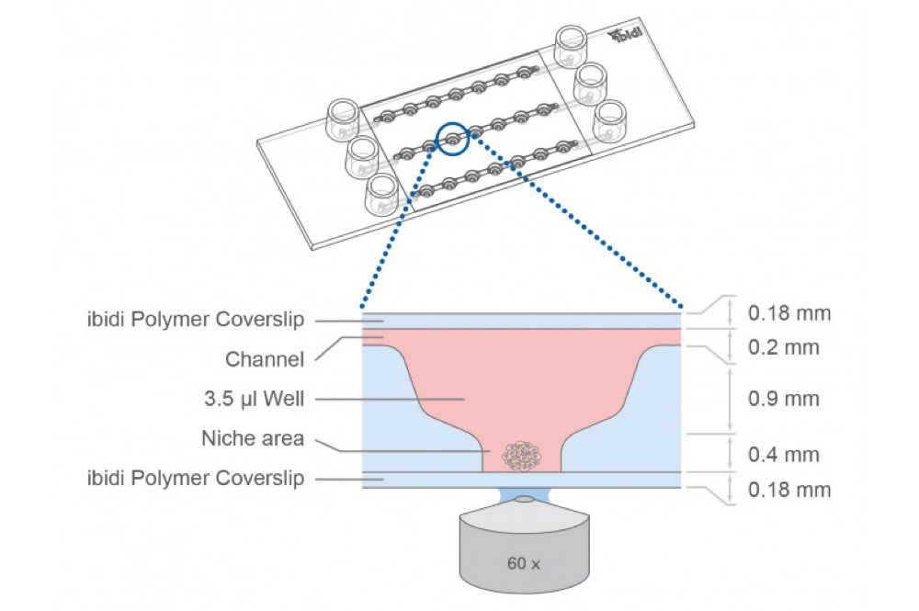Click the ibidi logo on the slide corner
click(x=625, y=35)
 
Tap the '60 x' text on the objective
click(x=524, y=563)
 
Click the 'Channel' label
click(x=265, y=359)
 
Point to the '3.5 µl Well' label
click(x=254, y=399)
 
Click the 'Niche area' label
click(x=253, y=438)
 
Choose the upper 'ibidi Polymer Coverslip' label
click(x=196, y=320)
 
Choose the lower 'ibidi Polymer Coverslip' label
click(x=196, y=478)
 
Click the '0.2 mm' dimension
click(x=783, y=347)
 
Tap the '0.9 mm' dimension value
click(x=783, y=399)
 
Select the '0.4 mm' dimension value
click(x=783, y=455)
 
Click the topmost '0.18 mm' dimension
click(x=789, y=312)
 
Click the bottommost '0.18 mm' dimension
click(x=789, y=490)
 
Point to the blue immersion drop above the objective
click(x=524, y=495)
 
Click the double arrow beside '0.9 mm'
click(x=730, y=400)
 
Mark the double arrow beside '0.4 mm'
click(x=730, y=453)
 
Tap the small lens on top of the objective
click(x=524, y=500)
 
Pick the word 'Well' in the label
click(x=284, y=399)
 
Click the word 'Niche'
click(x=224, y=438)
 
